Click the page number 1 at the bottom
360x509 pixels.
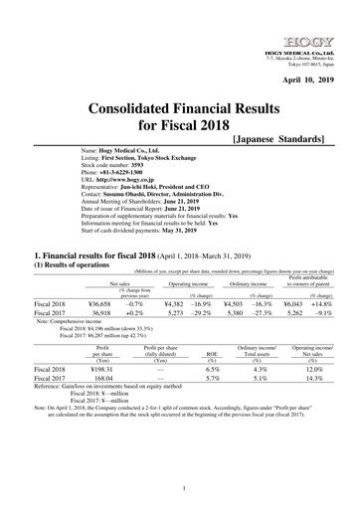coord(179,490)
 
